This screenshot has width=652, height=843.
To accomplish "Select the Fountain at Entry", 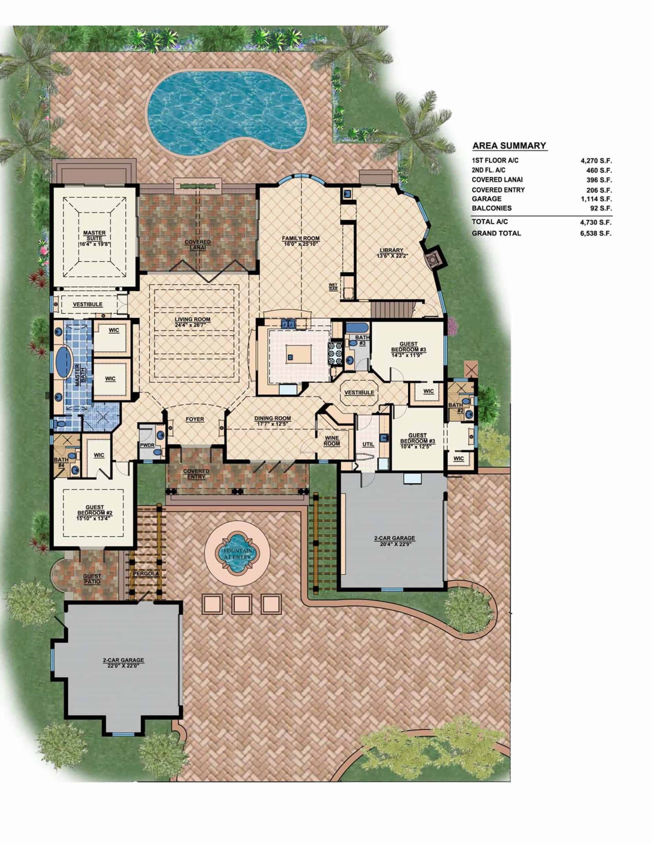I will tap(237, 554).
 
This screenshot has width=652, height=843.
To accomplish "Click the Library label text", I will tap(391, 251).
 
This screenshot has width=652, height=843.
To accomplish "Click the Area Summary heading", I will tap(509, 145).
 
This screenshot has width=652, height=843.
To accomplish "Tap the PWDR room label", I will tap(147, 445).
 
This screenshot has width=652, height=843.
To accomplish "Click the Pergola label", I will tap(146, 574).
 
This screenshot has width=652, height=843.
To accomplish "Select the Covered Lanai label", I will tap(197, 245).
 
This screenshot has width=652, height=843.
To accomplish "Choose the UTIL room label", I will tap(368, 444).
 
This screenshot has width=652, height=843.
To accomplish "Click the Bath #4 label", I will tap(61, 462).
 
